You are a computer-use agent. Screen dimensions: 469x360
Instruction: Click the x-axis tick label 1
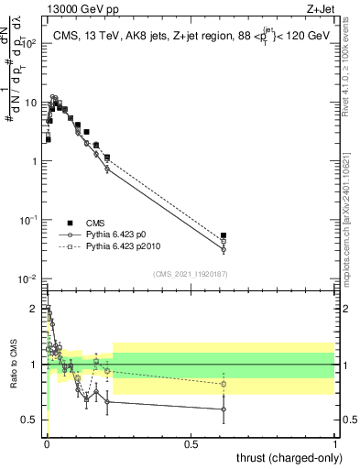tap(335, 442)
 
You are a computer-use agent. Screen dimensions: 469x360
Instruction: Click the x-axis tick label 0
tap(47, 442)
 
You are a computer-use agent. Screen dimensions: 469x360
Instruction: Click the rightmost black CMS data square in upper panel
tap(224, 235)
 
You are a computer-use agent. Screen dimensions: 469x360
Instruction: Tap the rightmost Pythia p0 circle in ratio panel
tap(224, 409)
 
